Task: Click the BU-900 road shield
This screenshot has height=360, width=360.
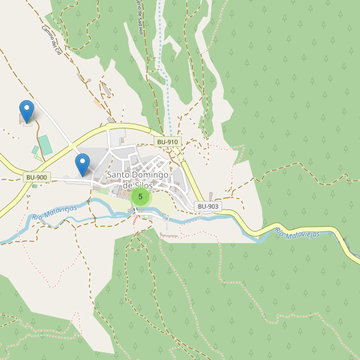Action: click(37, 177)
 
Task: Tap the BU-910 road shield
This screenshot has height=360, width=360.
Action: click(167, 142)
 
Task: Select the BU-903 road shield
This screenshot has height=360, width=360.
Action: click(208, 206)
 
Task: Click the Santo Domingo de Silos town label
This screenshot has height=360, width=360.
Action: click(137, 180)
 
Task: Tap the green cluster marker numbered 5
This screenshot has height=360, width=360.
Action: click(140, 196)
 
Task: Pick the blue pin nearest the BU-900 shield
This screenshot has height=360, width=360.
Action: click(82, 164)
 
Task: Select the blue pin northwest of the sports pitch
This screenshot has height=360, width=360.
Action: click(26, 111)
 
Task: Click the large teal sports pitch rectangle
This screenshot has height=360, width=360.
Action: click(45, 145)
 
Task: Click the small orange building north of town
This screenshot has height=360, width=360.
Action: click(97, 103)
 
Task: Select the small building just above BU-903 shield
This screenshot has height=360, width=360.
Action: click(211, 196)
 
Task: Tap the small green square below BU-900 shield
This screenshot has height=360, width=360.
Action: click(34, 186)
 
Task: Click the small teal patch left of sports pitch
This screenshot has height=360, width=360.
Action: click(35, 149)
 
